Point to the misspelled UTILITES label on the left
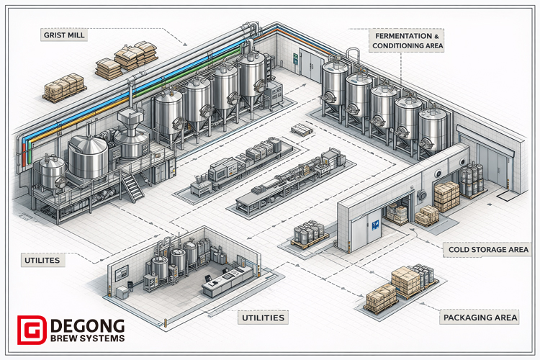point(40,258)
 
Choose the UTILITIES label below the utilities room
point(261,318)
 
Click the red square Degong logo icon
point(30,330)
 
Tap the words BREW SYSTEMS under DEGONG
point(87,338)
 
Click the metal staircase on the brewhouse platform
point(132,186)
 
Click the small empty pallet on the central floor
point(300,130)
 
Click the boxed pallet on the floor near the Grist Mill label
point(64,88)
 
